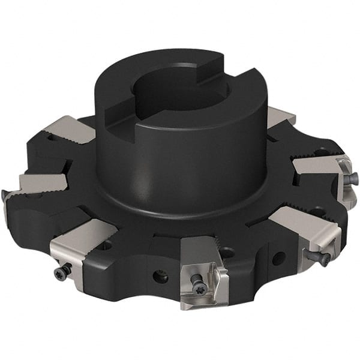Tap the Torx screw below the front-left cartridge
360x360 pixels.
click(62, 272)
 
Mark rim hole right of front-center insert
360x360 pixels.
click(277, 259)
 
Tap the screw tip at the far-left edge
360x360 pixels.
click(5, 195)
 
